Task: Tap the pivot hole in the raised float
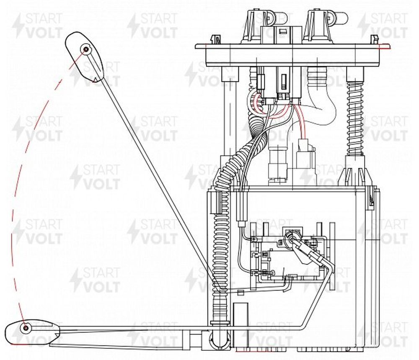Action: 86,49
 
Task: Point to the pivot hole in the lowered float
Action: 26,328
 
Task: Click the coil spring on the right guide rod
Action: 355,118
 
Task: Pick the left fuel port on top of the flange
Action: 260,26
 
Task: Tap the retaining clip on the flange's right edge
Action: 374,39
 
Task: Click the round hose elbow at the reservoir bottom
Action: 219,339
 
